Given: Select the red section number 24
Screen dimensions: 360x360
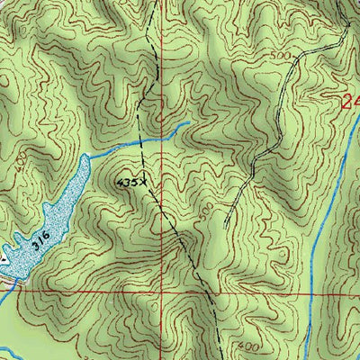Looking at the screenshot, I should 351,103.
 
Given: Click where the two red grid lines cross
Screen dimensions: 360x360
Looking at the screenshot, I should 163,292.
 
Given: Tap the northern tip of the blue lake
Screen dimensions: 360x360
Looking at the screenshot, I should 85,156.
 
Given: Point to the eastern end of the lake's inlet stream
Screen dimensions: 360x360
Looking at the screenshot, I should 187,123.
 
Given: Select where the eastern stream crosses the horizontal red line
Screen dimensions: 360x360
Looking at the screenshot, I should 310,292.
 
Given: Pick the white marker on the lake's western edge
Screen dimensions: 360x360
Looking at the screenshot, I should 4,258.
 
